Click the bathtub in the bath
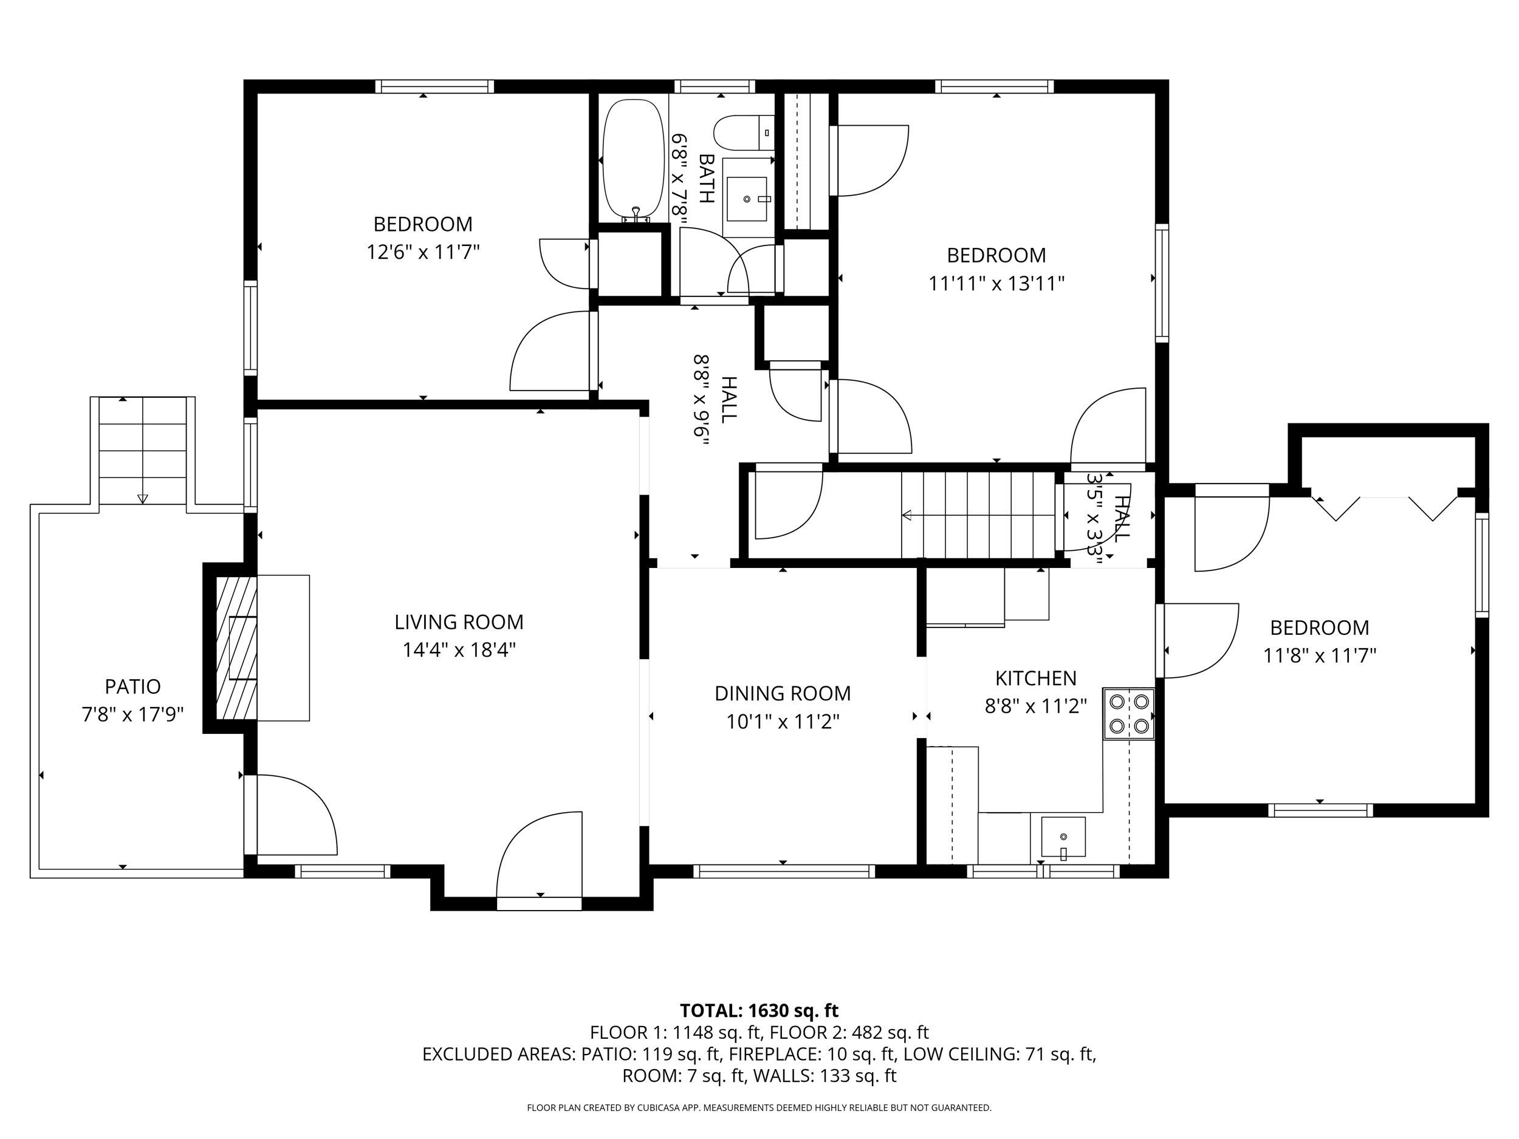click(x=633, y=160)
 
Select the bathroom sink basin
click(x=747, y=199)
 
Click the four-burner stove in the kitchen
click(x=1129, y=713)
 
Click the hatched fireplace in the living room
click(x=236, y=648)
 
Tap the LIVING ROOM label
click(x=459, y=622)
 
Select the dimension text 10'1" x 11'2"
click(x=783, y=722)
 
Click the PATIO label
click(x=132, y=686)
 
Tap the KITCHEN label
click(x=1035, y=678)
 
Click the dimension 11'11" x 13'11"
click(x=996, y=283)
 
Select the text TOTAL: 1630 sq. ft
click(x=759, y=1011)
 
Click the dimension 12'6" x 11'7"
click(x=422, y=252)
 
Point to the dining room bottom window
click(x=784, y=871)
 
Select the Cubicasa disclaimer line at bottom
click(x=759, y=1107)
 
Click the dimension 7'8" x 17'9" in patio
click(x=132, y=715)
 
